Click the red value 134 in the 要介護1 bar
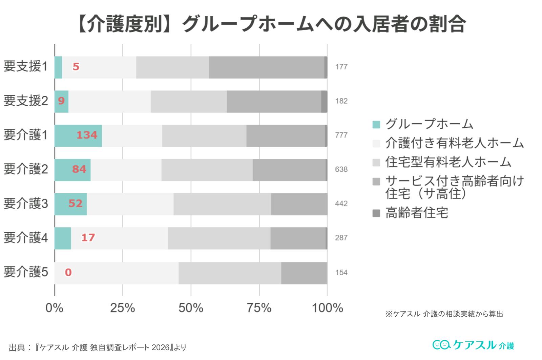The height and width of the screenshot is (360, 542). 87,135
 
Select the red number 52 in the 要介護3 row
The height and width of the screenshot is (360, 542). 75,204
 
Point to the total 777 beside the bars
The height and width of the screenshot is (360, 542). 341,135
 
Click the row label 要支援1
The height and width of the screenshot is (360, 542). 25,67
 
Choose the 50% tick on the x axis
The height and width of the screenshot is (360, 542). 191,308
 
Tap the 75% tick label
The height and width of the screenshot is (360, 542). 259,308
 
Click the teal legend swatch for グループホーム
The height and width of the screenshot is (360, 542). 376,124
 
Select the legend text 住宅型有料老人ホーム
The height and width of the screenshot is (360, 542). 448,162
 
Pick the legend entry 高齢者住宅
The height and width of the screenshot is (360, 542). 417,213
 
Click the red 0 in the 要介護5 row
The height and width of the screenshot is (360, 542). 68,272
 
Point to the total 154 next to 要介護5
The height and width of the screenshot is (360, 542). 341,273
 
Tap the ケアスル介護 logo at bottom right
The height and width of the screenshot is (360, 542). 473,345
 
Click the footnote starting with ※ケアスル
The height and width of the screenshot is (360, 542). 444,314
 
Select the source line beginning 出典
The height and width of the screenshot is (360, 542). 97,347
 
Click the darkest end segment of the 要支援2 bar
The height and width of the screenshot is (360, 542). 324,101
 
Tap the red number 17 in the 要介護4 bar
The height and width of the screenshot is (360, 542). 88,237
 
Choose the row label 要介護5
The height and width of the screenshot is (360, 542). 25,272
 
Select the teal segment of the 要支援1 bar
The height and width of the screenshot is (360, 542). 58,67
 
